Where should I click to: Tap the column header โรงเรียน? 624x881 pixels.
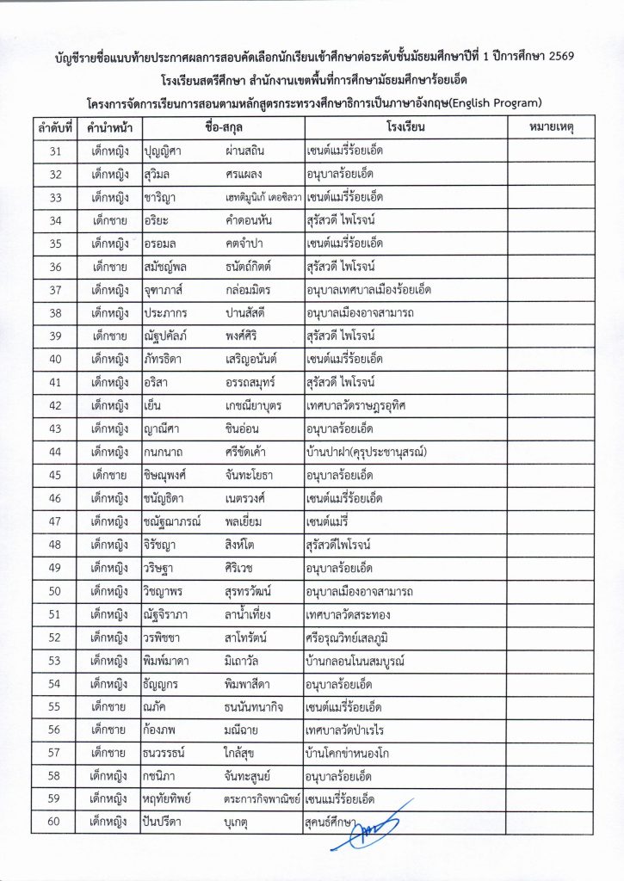point(401,127)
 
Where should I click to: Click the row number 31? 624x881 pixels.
point(54,151)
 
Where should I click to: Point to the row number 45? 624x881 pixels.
point(54,474)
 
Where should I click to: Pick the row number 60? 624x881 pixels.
point(54,822)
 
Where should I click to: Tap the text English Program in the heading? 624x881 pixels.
point(493,104)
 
